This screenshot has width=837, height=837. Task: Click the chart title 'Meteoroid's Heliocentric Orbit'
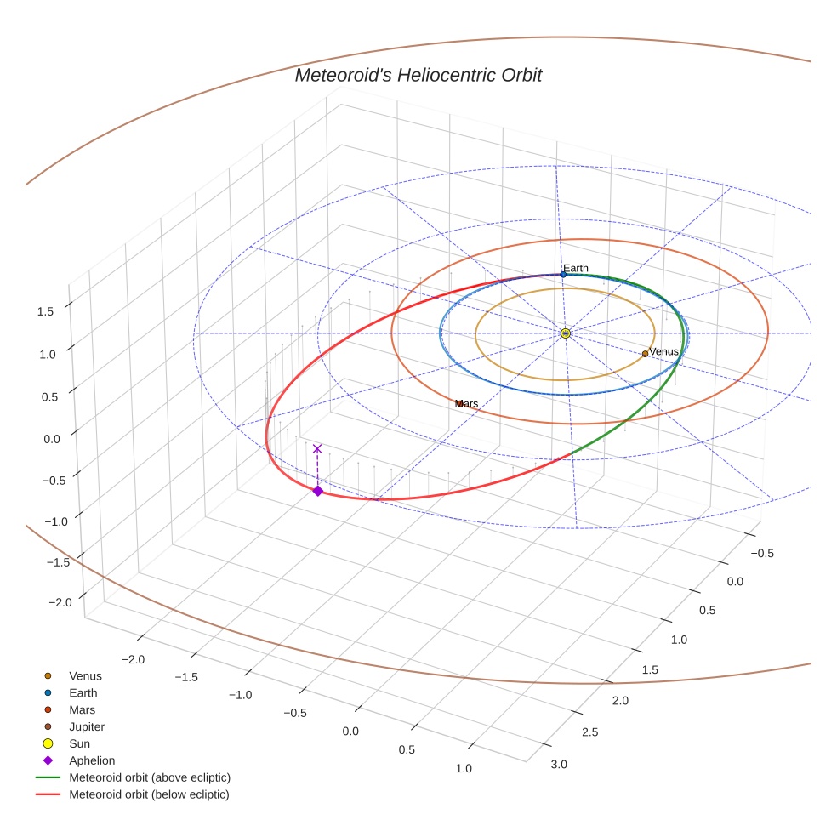tap(418, 75)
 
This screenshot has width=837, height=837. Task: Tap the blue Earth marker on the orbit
tap(563, 275)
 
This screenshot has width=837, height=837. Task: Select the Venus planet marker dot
tap(645, 354)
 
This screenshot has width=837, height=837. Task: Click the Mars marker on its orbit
tap(459, 403)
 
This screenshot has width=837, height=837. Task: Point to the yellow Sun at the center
tap(566, 333)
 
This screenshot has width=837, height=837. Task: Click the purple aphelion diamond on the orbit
tap(317, 491)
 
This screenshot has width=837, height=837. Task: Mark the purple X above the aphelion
tap(317, 448)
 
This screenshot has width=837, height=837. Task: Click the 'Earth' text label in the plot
tap(576, 268)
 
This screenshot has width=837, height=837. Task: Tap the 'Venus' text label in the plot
tap(664, 351)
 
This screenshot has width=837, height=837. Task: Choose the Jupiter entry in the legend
tap(87, 727)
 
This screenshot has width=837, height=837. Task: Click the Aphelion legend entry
tap(91, 760)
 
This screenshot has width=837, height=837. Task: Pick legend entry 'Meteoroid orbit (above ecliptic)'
tap(150, 777)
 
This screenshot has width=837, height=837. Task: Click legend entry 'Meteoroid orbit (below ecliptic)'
tap(149, 794)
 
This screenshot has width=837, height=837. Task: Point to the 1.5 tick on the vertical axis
tap(45, 311)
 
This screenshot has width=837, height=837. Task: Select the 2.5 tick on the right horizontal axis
tap(589, 732)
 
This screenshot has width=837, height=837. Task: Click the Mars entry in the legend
tap(82, 709)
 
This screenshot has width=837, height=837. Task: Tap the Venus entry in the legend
tap(85, 676)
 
